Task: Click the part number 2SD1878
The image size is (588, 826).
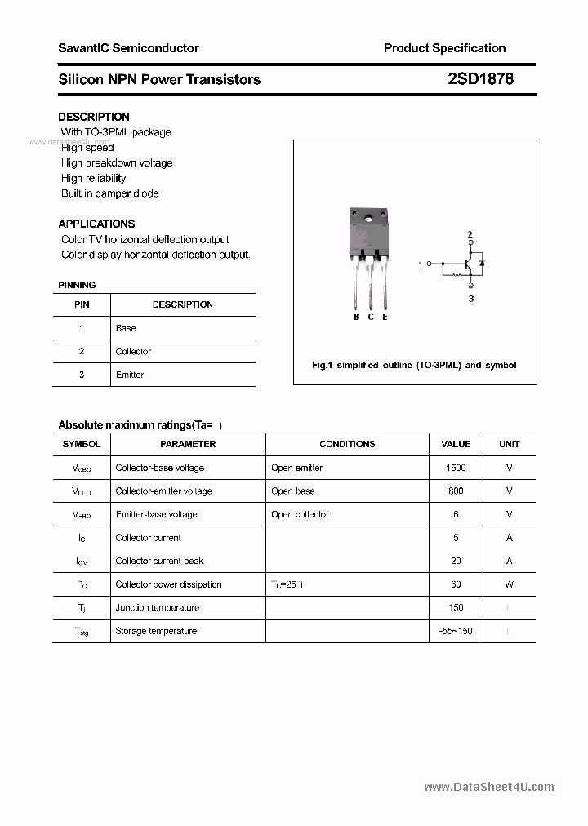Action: point(481,79)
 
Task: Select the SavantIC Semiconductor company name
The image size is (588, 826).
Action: point(128,48)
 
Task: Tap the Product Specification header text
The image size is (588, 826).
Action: point(444,48)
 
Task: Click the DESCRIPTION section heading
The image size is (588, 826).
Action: point(94,117)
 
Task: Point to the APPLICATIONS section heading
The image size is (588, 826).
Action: point(96,224)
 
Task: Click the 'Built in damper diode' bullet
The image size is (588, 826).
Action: point(109,193)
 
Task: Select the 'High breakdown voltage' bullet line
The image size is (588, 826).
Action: point(116,162)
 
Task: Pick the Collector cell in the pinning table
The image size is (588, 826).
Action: point(133,352)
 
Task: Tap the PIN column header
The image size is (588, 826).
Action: point(82,304)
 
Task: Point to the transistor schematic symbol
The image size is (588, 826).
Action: point(468,264)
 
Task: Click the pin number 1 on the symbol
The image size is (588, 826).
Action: point(421,264)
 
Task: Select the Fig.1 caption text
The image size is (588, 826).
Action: point(414,365)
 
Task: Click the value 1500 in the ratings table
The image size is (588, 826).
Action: point(456,468)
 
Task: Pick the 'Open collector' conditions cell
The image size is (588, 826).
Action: point(300,514)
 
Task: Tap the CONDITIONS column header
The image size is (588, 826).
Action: point(347,444)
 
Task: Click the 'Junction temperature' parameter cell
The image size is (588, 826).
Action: point(158,607)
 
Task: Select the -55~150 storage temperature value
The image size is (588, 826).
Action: point(456,631)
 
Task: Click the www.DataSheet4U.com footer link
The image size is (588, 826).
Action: point(489,787)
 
